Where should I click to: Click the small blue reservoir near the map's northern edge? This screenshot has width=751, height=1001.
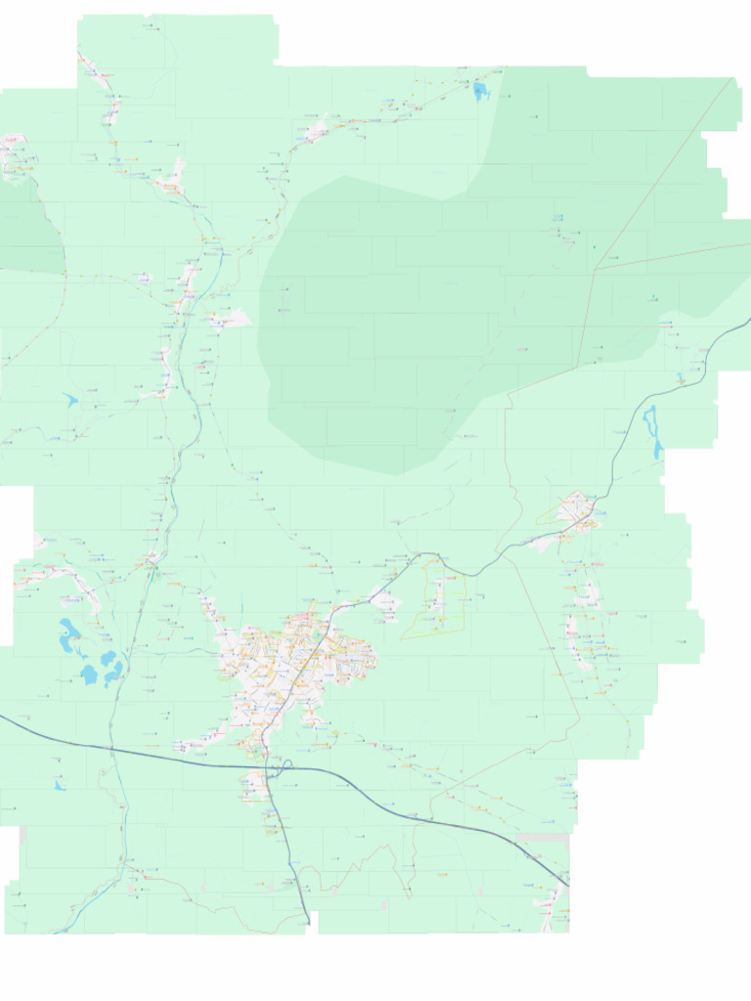480,92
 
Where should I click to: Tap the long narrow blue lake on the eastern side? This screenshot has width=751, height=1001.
652,431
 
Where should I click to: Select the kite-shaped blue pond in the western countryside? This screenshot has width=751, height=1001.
70,400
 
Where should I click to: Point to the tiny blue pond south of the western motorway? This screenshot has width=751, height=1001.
60,785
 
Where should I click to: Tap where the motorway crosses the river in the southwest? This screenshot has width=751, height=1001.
112,751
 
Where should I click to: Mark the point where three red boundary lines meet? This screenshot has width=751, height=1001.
595,269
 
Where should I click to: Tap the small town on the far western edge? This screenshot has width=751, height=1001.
15,156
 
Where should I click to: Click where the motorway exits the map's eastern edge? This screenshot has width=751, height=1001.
748,321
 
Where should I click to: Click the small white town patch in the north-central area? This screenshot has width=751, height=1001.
316,130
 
